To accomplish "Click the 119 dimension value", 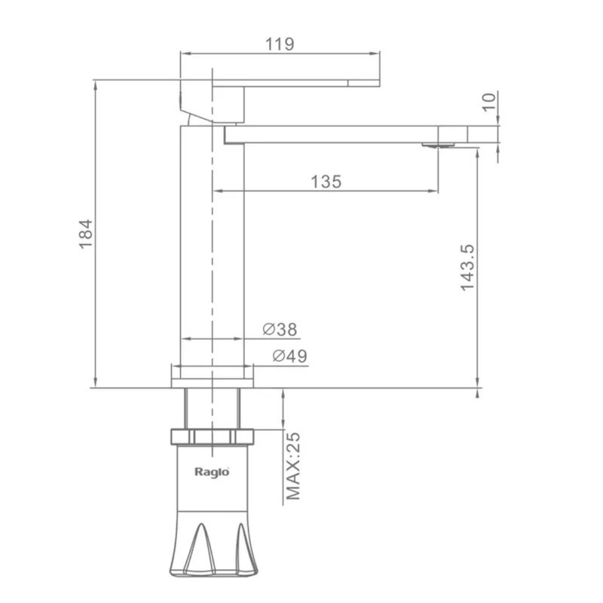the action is pyautogui.click(x=280, y=44).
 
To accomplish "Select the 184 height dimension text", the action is pyautogui.click(x=86, y=234).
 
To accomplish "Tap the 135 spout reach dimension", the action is pyautogui.click(x=326, y=182).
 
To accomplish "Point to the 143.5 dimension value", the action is pyautogui.click(x=468, y=268).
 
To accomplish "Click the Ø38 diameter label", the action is pyautogui.click(x=280, y=329).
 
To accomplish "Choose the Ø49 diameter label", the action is pyautogui.click(x=290, y=356).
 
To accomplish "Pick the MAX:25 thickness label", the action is pyautogui.click(x=293, y=466).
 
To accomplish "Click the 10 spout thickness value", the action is pyautogui.click(x=489, y=103).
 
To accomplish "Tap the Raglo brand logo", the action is pyautogui.click(x=212, y=472).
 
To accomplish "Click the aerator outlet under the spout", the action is pyautogui.click(x=438, y=145).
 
